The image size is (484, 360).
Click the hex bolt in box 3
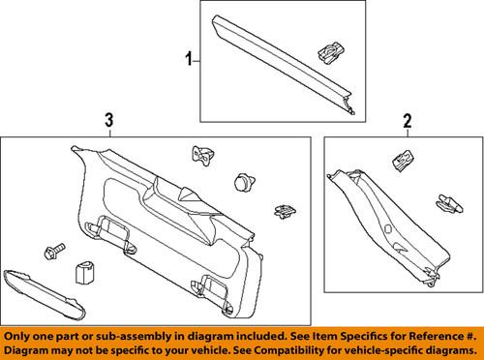50,252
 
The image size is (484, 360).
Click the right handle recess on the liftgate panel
217,283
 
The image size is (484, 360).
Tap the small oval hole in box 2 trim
386,230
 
